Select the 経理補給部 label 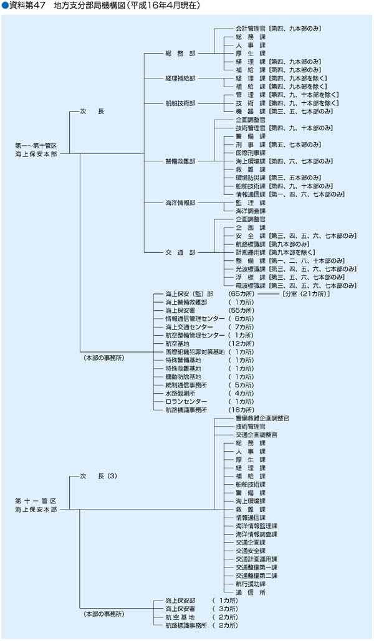click(181, 78)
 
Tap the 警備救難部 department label click(181, 161)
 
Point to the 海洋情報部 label click(181, 202)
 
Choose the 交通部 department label click(181, 252)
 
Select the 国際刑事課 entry click(251, 153)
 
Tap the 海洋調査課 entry click(251, 211)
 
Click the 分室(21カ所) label click(305, 293)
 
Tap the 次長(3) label click(98, 476)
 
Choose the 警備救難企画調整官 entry click(262, 417)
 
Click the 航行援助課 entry click(251, 584)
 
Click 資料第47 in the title click(26, 6)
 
